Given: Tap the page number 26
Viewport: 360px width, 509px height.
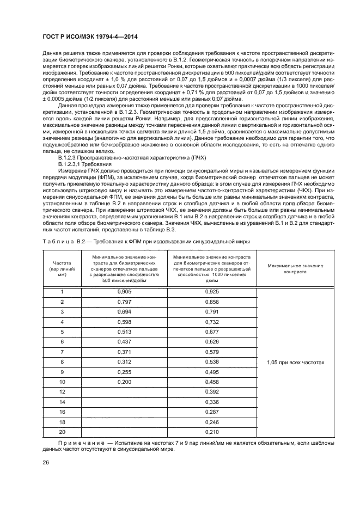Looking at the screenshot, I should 46,463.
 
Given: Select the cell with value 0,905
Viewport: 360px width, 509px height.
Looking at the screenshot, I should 125,292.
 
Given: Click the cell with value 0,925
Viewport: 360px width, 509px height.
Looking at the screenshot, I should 212,292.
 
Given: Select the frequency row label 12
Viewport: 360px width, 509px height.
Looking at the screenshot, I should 62,391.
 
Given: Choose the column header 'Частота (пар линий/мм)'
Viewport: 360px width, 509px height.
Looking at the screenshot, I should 62,268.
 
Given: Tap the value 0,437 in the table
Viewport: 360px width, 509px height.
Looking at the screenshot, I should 125,341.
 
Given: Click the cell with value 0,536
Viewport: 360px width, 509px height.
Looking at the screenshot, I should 212,361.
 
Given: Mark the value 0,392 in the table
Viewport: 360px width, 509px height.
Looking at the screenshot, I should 212,391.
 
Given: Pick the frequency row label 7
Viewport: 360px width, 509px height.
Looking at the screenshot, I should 62,352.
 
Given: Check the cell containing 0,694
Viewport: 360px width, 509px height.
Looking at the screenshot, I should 125,311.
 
